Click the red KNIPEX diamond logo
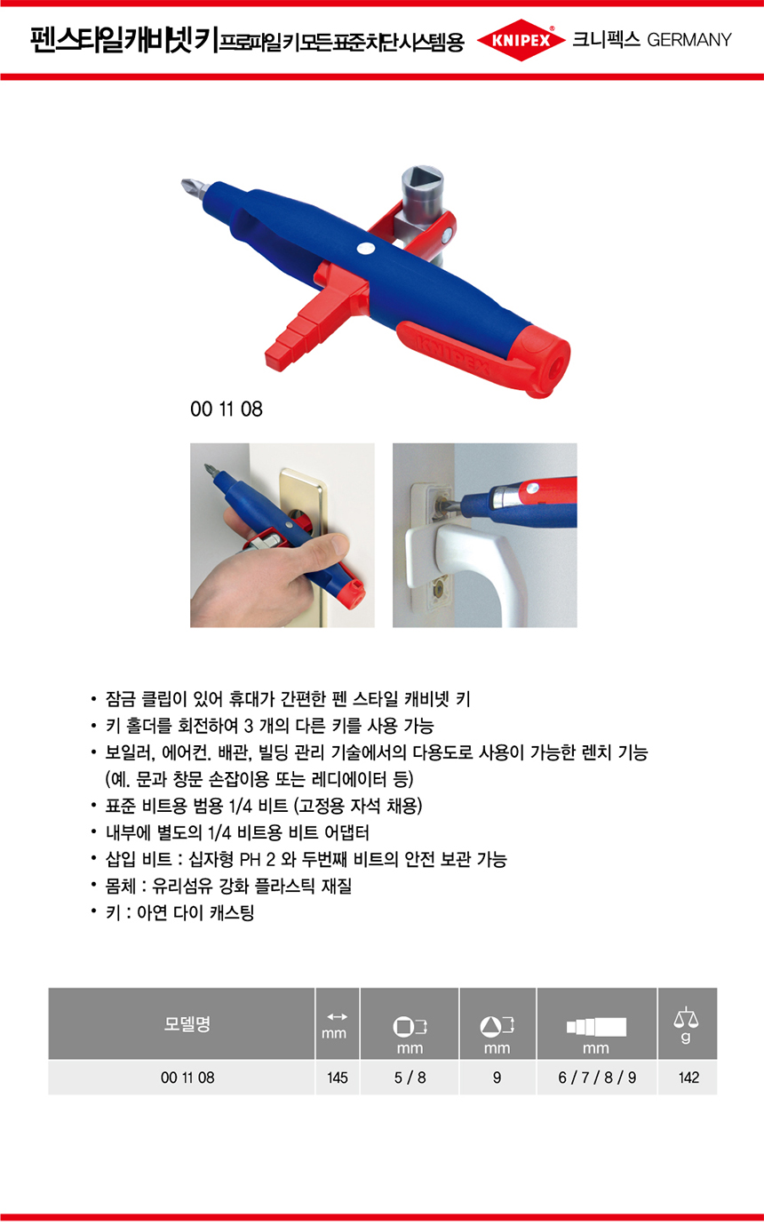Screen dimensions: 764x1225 point(521,40)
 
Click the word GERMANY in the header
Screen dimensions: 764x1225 point(689,40)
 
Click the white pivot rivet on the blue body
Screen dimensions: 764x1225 point(365,248)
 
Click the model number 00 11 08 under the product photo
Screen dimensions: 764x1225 point(227,409)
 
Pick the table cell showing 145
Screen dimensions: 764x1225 point(338,1078)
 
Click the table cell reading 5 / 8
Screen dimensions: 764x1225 point(410,1078)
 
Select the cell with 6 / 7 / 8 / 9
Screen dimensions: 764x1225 point(597,1078)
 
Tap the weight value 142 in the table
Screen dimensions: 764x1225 point(688,1078)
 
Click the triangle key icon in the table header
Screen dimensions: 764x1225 point(497,1027)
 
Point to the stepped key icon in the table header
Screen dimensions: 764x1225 point(597,1027)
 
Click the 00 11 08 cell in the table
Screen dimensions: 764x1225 point(187,1078)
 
